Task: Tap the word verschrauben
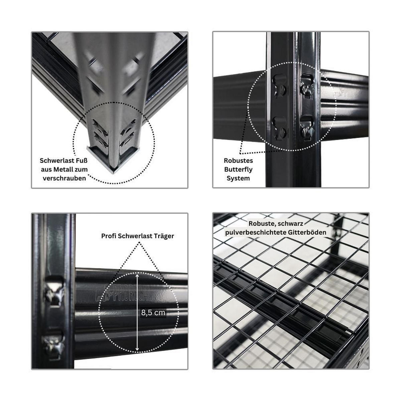pos(64,178)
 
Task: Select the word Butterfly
pos(238,170)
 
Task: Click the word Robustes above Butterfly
pos(238,161)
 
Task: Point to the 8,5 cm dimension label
pos(153,312)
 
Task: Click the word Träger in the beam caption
pos(164,236)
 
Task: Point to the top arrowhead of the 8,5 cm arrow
pos(137,276)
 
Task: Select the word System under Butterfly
pos(238,178)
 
